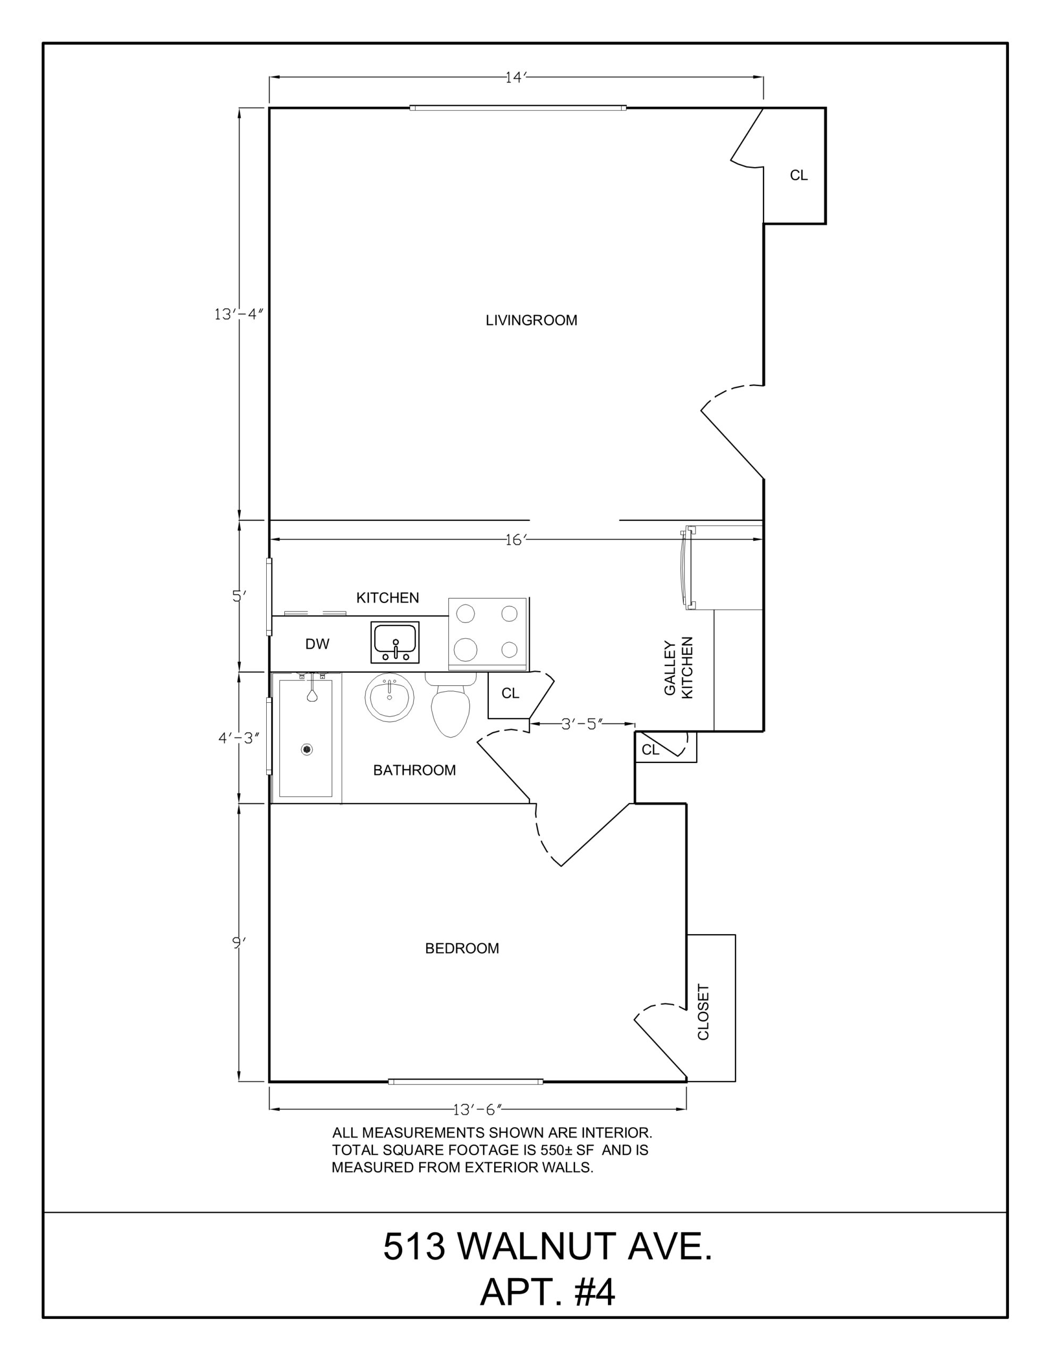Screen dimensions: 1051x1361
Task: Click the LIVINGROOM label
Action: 531,320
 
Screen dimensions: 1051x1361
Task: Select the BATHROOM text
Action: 414,770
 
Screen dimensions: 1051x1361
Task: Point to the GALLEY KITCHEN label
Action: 679,667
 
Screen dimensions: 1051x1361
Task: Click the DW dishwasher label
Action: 317,644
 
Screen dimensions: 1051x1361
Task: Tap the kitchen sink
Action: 395,642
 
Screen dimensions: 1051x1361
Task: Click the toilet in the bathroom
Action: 451,705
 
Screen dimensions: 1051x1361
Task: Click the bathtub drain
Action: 307,750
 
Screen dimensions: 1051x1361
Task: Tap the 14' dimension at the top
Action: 516,77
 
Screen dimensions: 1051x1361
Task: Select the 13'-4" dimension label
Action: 239,315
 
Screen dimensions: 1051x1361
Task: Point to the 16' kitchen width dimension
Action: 516,540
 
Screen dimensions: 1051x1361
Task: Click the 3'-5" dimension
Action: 582,724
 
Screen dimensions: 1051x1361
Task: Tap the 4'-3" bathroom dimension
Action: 239,738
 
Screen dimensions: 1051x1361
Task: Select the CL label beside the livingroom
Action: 799,176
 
